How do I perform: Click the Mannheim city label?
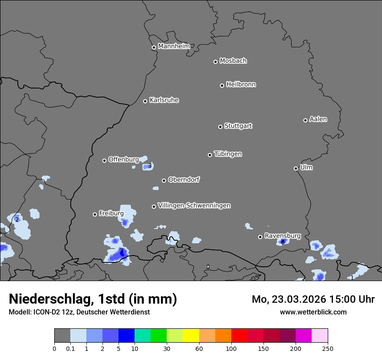point(174,46)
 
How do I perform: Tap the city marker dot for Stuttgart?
point(220,127)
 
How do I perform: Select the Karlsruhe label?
point(164,100)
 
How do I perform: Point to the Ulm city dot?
point(296,168)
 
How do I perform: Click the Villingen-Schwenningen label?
point(194,206)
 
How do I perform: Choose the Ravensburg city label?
point(282,236)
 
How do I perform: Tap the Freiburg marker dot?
point(95,214)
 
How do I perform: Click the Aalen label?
point(318,119)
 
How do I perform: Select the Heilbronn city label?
point(240,85)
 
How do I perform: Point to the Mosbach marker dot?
point(215,62)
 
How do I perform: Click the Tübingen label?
point(227,154)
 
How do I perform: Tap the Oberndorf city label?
point(184,180)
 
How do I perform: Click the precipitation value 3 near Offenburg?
point(150,166)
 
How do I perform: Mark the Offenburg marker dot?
point(104,160)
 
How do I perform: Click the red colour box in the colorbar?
point(239,336)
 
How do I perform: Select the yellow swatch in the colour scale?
point(191,336)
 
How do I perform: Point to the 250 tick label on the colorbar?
point(328,348)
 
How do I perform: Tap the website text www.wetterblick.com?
point(313,312)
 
